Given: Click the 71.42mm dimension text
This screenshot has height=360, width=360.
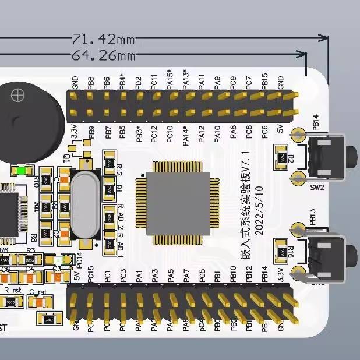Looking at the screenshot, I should [x=103, y=39].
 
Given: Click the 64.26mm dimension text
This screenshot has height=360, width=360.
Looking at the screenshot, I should [x=103, y=55].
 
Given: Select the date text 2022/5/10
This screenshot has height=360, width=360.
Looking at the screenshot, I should [x=259, y=210].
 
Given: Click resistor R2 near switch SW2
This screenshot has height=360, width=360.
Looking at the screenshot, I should [x=283, y=157].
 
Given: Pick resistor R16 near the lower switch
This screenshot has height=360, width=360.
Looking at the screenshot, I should [x=283, y=252].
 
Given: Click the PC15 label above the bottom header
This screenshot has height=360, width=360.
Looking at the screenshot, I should [x=91, y=274].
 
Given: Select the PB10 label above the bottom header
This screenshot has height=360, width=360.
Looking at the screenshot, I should [x=233, y=274].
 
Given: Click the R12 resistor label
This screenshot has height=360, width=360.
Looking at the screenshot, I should [x=119, y=170].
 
